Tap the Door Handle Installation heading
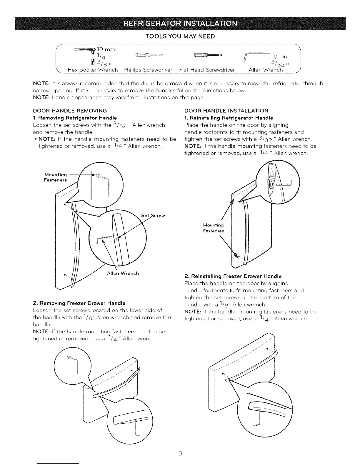[226, 111]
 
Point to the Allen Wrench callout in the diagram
[123, 273]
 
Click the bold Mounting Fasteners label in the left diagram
[56, 177]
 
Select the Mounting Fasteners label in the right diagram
[213, 228]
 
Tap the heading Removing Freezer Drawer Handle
[79, 303]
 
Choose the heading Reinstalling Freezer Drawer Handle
[233, 276]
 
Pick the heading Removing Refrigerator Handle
[75, 118]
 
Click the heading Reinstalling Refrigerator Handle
[229, 118]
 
